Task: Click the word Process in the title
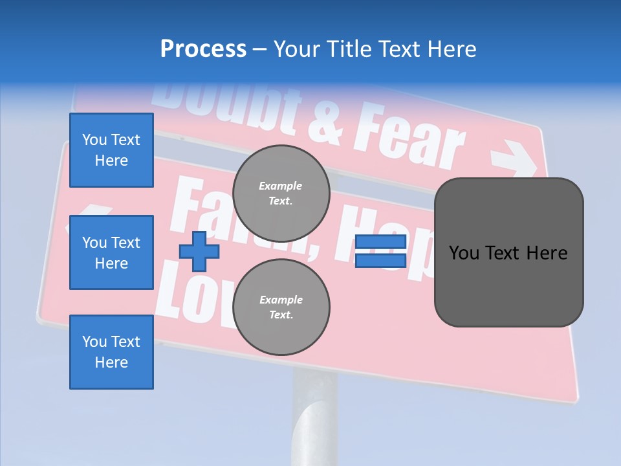tap(203, 49)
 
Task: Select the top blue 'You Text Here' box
tap(111, 150)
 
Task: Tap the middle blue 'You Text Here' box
tap(111, 252)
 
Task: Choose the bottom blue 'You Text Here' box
tap(111, 352)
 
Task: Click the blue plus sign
tap(199, 251)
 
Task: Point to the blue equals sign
tap(380, 251)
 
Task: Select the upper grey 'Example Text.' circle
tap(281, 193)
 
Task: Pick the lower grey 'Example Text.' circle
tap(281, 307)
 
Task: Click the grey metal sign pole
tap(314, 414)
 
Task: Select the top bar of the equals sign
tap(380, 242)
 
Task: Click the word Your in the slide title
tap(298, 49)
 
